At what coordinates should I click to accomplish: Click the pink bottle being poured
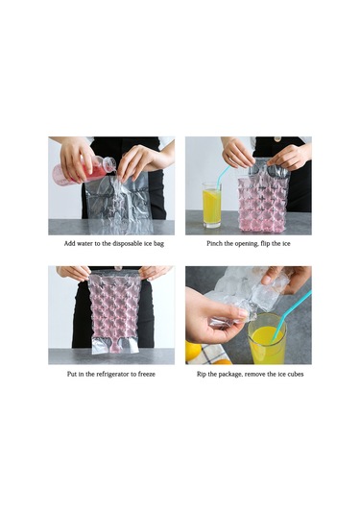tap(84, 171)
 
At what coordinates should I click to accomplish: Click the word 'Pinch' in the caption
tap(214, 244)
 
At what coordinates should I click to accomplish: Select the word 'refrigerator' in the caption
tap(113, 374)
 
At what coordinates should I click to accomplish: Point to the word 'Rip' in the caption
tap(202, 374)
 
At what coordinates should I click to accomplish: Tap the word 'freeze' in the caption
tap(147, 374)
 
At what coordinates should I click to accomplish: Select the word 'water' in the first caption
tap(84, 244)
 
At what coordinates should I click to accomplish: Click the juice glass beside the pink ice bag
tap(211, 206)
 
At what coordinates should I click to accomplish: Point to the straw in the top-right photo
tap(222, 178)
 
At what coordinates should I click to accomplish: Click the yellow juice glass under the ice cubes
tap(267, 339)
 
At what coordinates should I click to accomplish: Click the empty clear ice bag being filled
tap(118, 203)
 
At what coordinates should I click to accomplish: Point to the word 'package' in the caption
tap(229, 375)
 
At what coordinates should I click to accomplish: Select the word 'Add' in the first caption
tap(69, 244)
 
